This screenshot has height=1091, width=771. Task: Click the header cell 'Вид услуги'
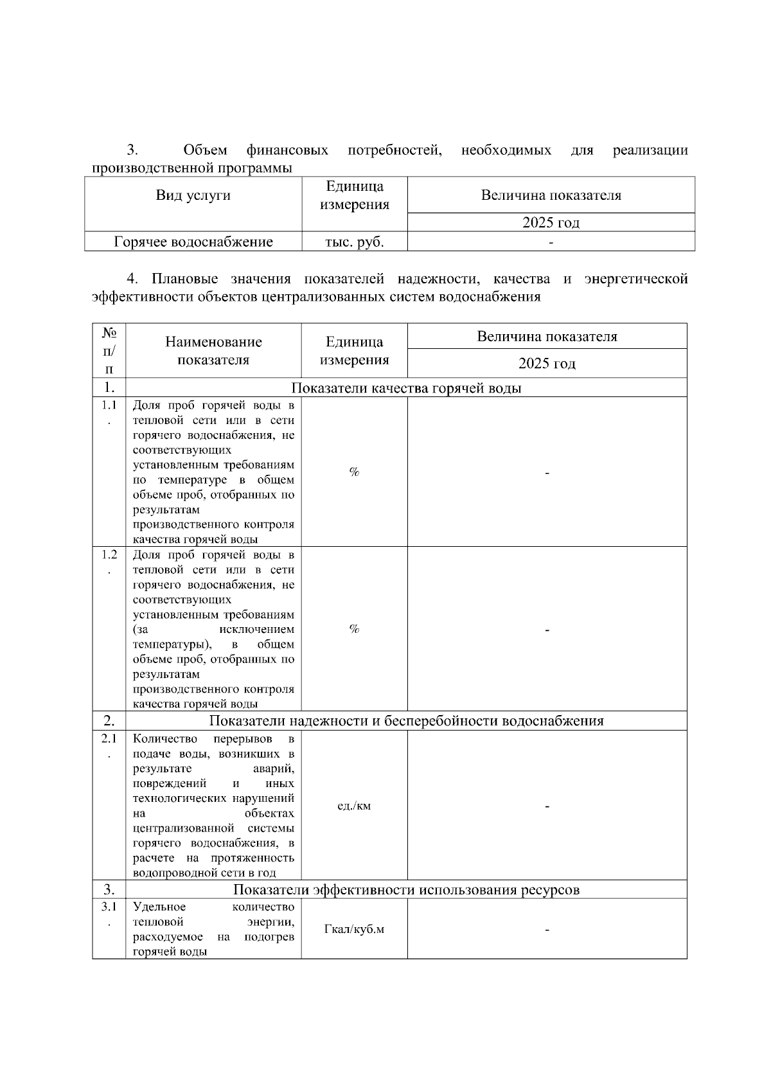click(193, 195)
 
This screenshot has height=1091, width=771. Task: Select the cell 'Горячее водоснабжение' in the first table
click(193, 242)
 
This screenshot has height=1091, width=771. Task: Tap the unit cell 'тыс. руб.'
click(355, 242)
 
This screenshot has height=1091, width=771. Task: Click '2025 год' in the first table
click(551, 223)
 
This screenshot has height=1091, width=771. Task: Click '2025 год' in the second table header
click(547, 364)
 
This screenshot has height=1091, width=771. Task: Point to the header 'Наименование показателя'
click(213, 351)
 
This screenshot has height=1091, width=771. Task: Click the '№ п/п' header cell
click(109, 351)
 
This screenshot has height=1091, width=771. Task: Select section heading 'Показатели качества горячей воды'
click(406, 388)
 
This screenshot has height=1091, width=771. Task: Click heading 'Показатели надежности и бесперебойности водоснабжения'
click(406, 721)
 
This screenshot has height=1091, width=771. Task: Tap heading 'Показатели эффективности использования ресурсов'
click(406, 890)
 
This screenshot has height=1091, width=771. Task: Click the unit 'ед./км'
click(354, 806)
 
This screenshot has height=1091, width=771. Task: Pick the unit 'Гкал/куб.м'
click(354, 930)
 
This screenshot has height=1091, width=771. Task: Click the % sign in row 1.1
click(354, 472)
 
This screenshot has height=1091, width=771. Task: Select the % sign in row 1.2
click(354, 629)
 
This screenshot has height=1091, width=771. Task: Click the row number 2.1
click(109, 740)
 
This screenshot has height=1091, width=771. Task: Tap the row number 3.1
click(109, 907)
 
